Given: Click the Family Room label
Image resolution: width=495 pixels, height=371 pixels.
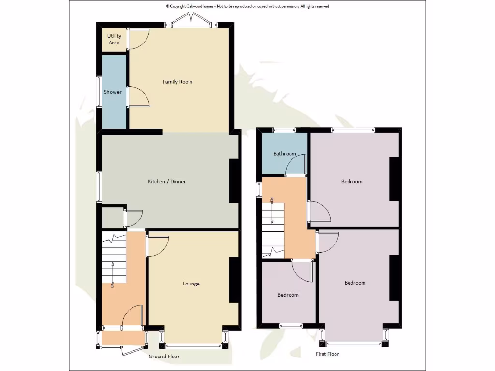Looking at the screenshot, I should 177,82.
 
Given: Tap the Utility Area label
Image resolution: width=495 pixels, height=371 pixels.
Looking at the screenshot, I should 114,39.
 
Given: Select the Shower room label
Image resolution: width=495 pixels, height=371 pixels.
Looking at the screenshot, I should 113,92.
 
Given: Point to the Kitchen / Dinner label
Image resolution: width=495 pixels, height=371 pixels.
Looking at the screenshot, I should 166,182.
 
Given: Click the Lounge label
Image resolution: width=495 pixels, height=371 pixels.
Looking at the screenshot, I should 191,284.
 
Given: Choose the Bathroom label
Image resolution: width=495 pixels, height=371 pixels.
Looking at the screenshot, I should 284,154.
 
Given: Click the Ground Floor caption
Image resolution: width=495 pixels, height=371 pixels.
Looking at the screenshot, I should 164,357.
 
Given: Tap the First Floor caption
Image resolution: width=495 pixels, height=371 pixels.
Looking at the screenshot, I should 327,354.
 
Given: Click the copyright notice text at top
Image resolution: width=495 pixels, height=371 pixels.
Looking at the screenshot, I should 247,6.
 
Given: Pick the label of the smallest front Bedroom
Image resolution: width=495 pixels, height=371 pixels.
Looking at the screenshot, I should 288,295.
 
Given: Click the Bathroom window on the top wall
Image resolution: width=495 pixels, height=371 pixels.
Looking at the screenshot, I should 284,129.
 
